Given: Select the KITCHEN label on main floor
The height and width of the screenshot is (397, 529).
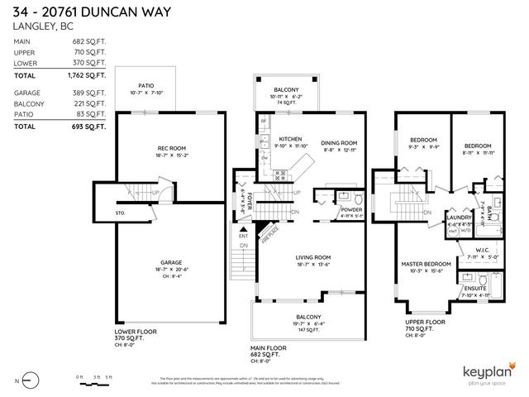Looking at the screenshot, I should [290, 139].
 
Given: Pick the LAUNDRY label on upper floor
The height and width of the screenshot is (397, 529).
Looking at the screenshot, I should [458, 217].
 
